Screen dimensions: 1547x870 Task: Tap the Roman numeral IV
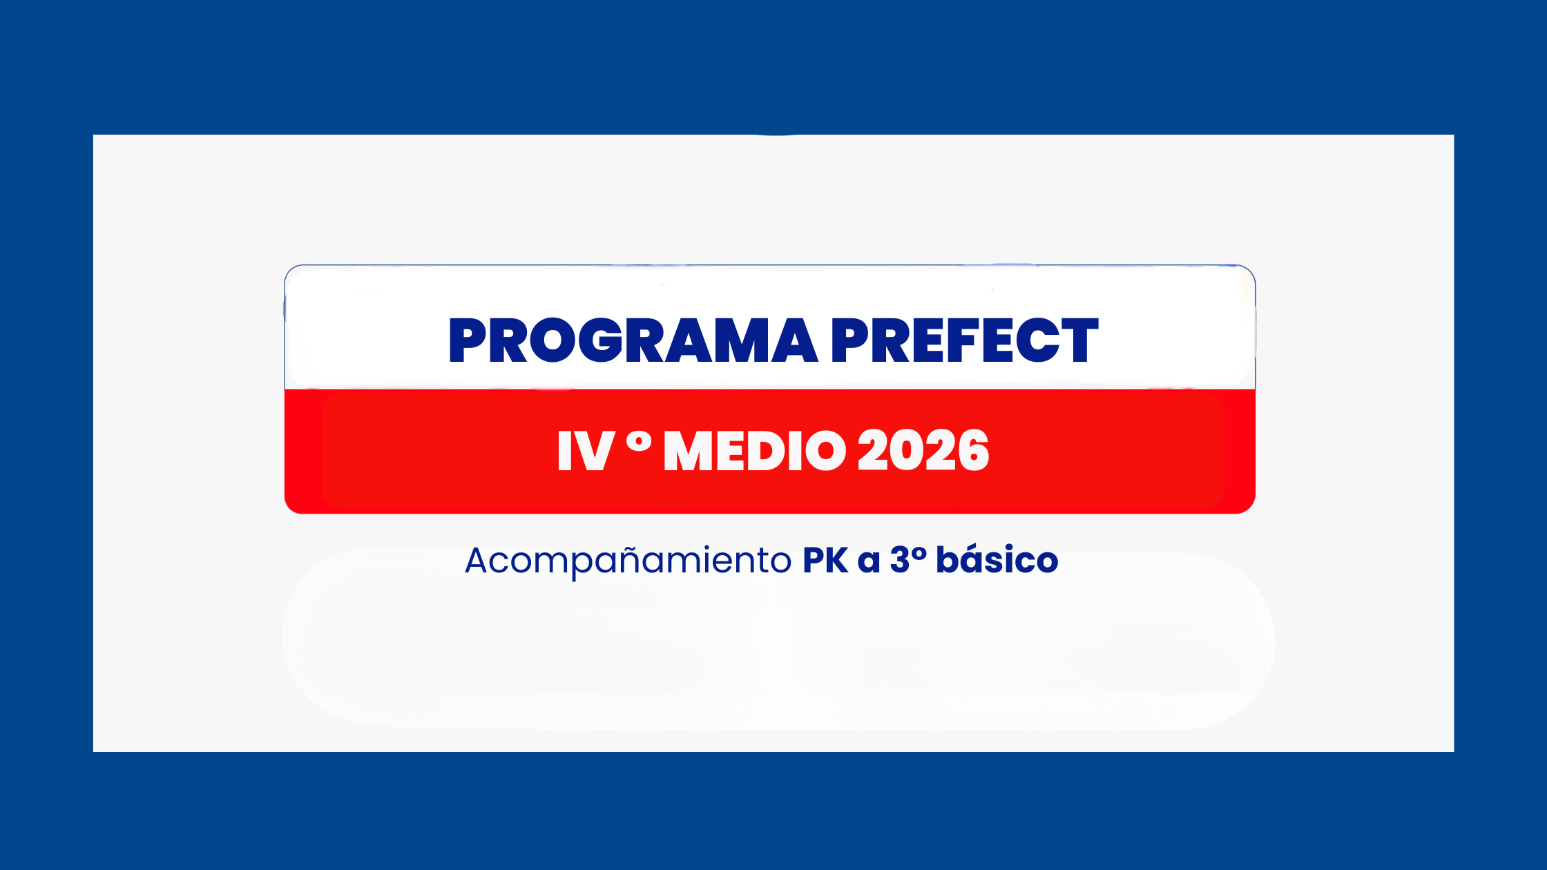pos(586,450)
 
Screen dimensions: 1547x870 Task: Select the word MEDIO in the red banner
pos(755,450)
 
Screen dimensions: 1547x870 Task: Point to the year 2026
pos(923,450)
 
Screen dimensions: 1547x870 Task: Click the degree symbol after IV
pos(639,441)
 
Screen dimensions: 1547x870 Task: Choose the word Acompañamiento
pos(628,561)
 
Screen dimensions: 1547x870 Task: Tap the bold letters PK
pos(825,560)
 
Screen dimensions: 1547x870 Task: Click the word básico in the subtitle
pos(997,559)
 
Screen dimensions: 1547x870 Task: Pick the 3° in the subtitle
pos(908,559)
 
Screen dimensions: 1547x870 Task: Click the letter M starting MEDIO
pos(689,450)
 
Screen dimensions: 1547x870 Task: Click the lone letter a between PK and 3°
pos(869,563)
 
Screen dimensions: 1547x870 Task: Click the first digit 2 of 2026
pos(873,450)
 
